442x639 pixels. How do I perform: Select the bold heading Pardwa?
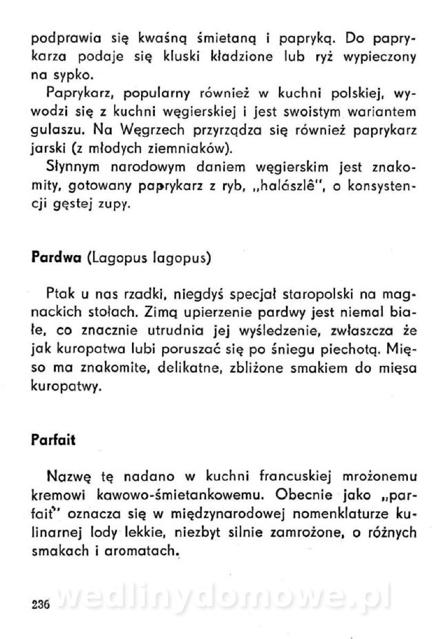[x=56, y=258]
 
